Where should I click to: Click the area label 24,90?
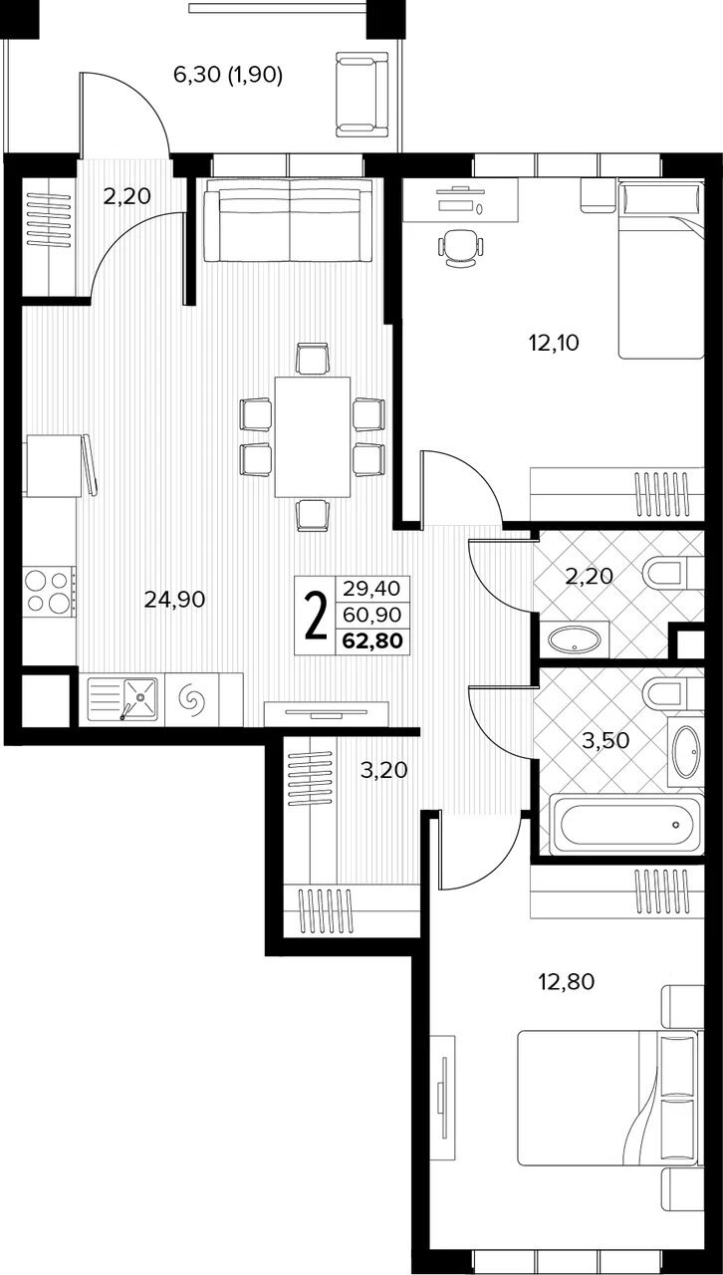point(174,600)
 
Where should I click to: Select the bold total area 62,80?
point(372,640)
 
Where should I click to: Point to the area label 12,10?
point(554,343)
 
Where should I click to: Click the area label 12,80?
point(567,981)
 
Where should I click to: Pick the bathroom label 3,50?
point(605,740)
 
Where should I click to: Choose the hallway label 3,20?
point(384,770)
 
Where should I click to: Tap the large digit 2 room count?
point(316,616)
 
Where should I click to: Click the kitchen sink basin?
point(140,698)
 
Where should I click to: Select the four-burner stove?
point(49,592)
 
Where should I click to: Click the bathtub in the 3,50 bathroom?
point(625,824)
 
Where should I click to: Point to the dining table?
point(312,437)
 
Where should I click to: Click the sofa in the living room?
point(289,220)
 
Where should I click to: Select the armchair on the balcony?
point(362,95)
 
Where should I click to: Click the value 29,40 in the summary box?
point(372,588)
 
